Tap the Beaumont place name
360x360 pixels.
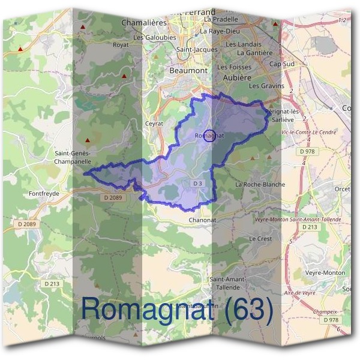pyautogui.click(x=188, y=70)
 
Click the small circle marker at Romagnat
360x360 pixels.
pyautogui.click(x=209, y=136)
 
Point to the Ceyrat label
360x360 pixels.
pyautogui.click(x=154, y=124)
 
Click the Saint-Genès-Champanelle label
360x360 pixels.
pyautogui.click(x=73, y=157)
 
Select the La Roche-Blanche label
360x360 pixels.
pyautogui.click(x=260, y=184)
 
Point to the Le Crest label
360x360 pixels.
pyautogui.click(x=260, y=238)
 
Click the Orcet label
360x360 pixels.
pyautogui.click(x=343, y=188)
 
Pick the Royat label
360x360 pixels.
pyautogui.click(x=121, y=44)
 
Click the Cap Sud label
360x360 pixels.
pyautogui.click(x=283, y=64)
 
